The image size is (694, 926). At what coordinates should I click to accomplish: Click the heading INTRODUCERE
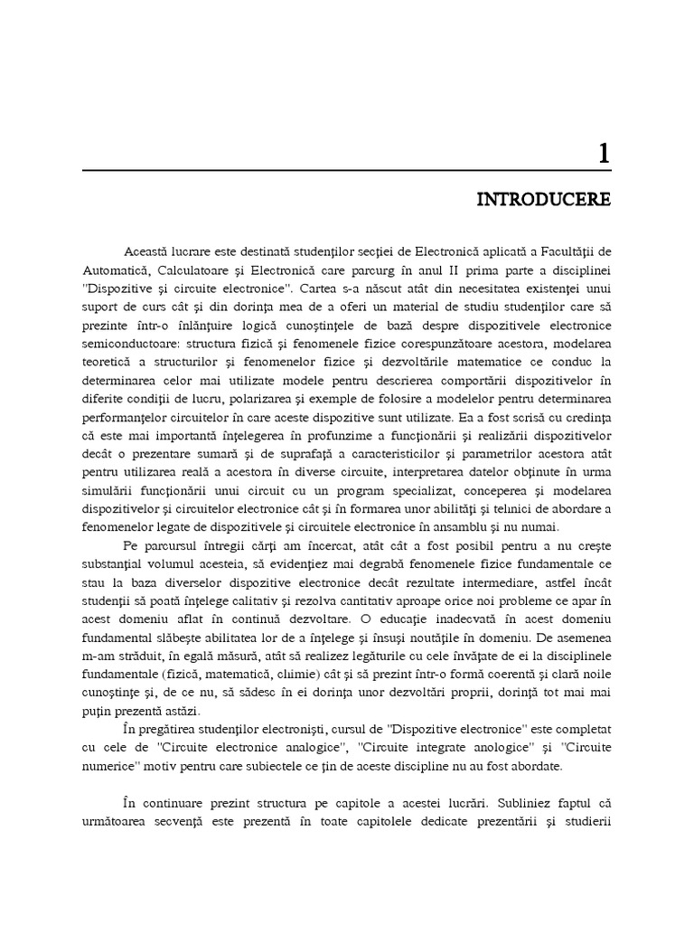coord(544,199)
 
